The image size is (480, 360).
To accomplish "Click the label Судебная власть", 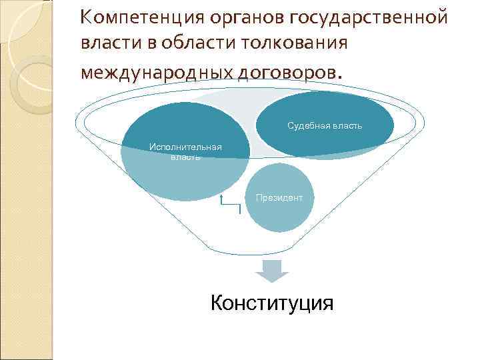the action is tap(325, 125).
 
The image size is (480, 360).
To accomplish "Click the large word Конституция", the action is tap(271, 303).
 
